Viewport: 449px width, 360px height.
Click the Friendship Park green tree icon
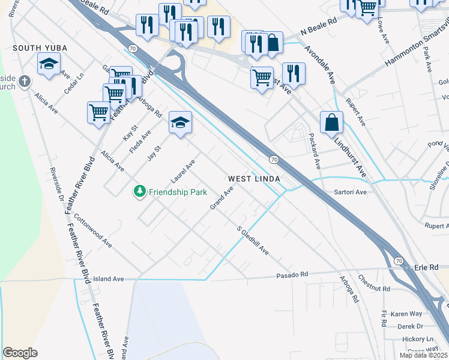[x=139, y=191]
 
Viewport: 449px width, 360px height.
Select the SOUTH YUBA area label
[x=40, y=47]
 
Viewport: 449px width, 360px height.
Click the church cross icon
[x=24, y=81]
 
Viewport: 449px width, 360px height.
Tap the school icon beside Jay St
[x=180, y=123]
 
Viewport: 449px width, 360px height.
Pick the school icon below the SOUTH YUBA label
[x=49, y=64]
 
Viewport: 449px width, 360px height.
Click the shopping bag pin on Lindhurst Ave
[x=331, y=122]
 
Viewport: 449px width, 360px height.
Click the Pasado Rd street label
[x=292, y=274]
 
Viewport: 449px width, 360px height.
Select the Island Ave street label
[x=108, y=279]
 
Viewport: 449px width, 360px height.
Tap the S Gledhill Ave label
[x=253, y=241]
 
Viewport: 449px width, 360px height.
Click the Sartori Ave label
[x=350, y=193]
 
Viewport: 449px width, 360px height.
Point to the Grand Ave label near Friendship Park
[x=221, y=198]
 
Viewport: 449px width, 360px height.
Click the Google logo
[x=20, y=353]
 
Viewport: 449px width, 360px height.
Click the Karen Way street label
[x=406, y=314]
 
